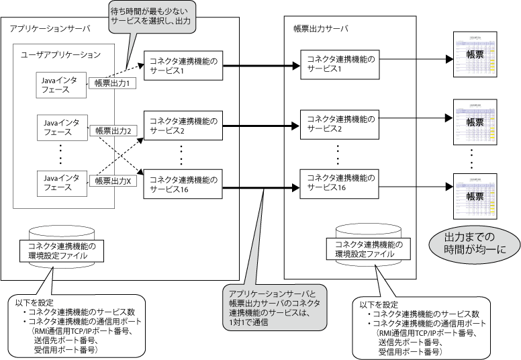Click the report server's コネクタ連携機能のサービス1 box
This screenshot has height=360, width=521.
(338, 64)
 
